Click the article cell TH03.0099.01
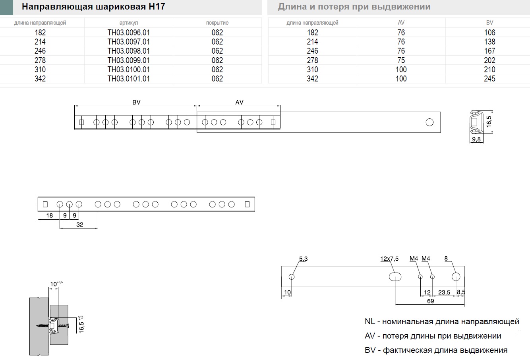coord(128,60)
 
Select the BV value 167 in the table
coord(489,51)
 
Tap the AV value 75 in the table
coord(401,60)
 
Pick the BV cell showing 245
coord(489,79)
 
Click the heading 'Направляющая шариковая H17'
coord(93,6)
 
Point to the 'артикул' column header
coord(128,23)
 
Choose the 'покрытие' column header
coord(217,23)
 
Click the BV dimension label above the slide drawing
coord(136,102)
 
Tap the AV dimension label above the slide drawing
coord(239,102)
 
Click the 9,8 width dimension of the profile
coord(476,139)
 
